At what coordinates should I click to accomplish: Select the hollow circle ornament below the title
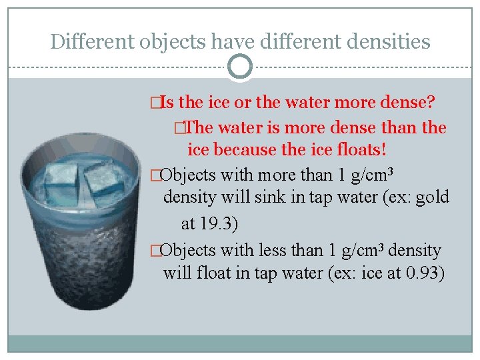tap(239, 67)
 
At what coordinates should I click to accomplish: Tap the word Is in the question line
tap(167, 103)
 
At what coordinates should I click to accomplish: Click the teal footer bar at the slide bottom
tap(239, 343)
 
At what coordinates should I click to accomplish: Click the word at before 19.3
tap(189, 223)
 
